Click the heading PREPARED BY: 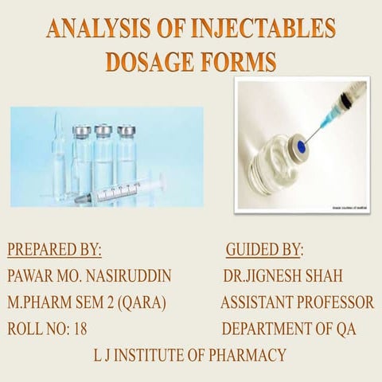[x=54, y=250]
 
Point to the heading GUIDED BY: [x=264, y=250]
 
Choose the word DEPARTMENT [x=272, y=329]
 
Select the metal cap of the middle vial [x=103, y=130]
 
